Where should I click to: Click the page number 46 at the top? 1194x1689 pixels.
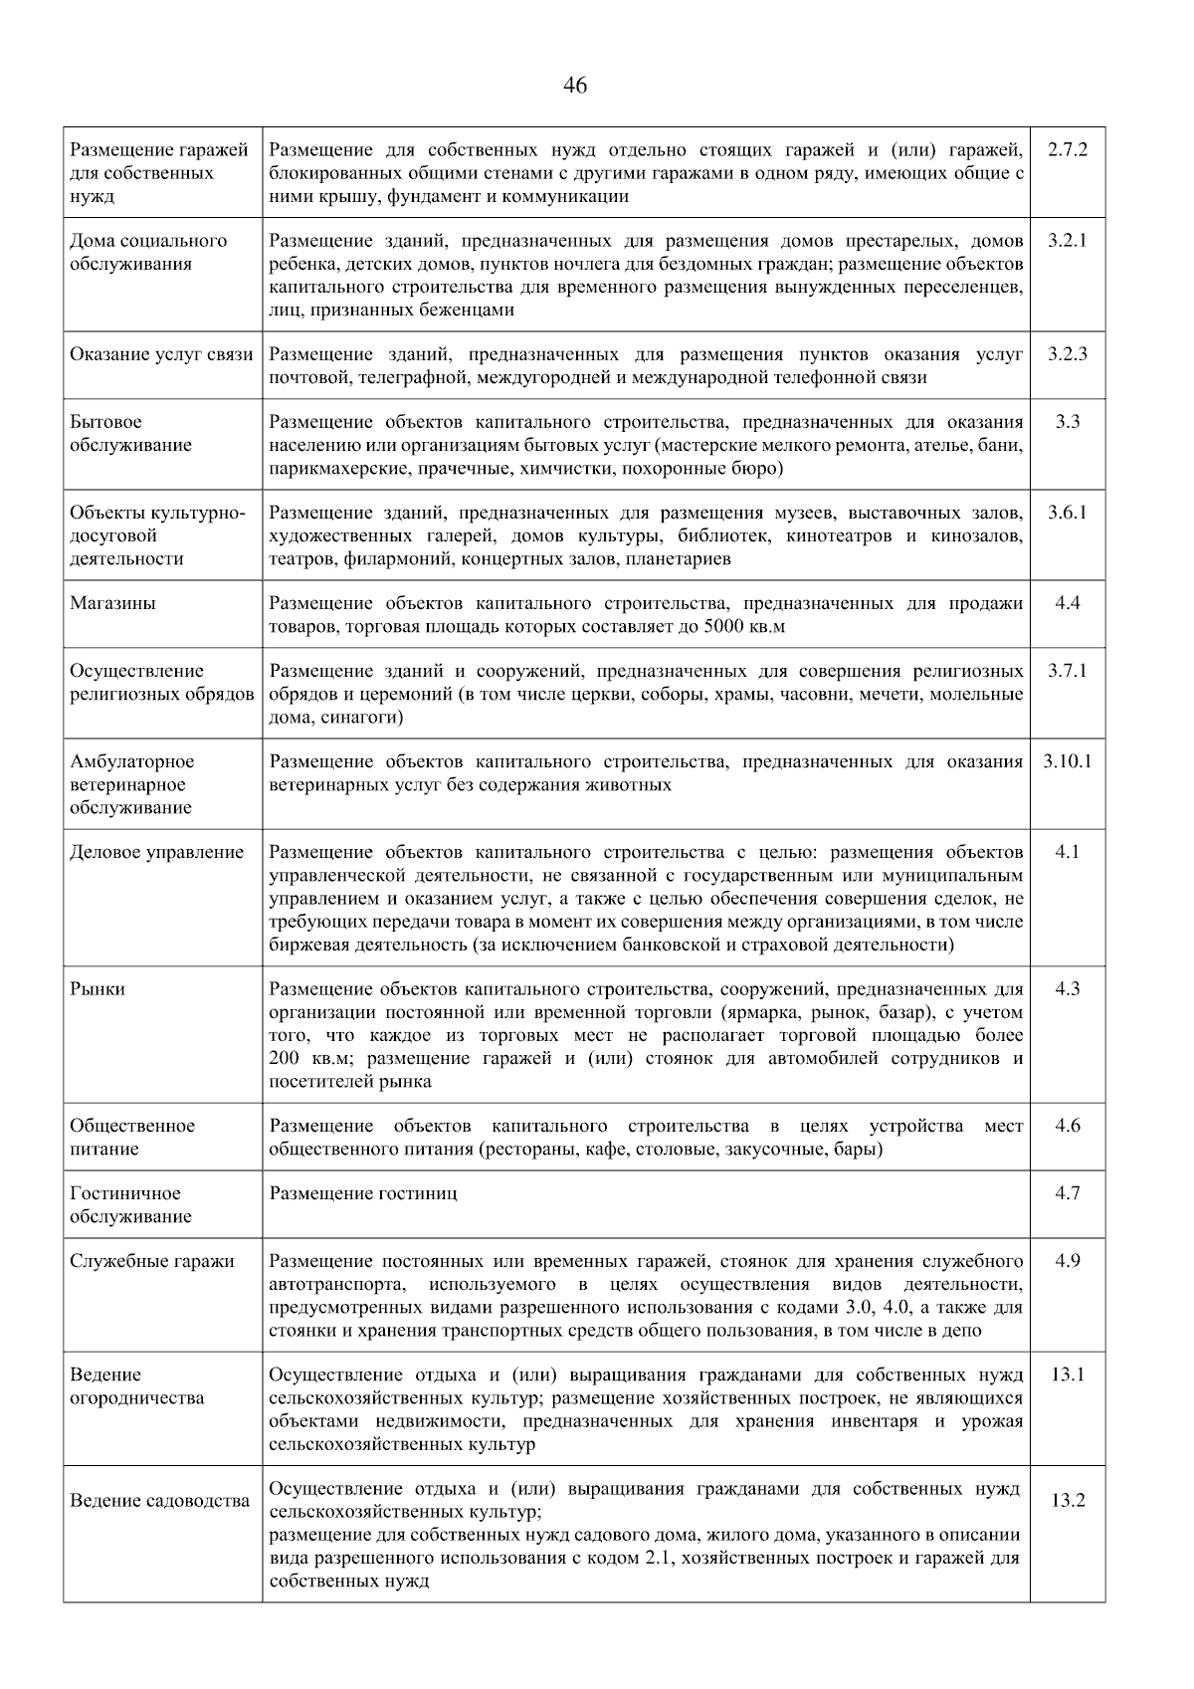tap(575, 86)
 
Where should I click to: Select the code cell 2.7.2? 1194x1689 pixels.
tap(1068, 150)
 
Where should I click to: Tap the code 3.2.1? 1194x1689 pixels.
tap(1068, 241)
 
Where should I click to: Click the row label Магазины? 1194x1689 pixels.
tap(112, 603)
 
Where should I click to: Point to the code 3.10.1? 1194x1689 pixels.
tap(1068, 761)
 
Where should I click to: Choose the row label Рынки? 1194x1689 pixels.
tap(98, 989)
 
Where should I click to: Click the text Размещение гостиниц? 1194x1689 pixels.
tap(363, 1193)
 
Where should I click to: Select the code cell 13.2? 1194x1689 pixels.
tap(1068, 1501)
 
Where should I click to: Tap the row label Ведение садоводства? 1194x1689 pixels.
tap(159, 1501)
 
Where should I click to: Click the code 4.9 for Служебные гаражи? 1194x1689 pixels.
tap(1068, 1261)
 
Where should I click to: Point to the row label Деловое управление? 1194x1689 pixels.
tap(156, 852)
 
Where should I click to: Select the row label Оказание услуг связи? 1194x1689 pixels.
tap(161, 354)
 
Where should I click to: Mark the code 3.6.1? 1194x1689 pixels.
tap(1068, 513)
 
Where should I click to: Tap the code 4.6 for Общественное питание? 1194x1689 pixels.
tap(1068, 1126)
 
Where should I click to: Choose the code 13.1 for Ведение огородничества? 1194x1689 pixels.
tap(1068, 1374)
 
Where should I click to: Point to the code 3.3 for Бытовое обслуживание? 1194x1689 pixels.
tap(1068, 422)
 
